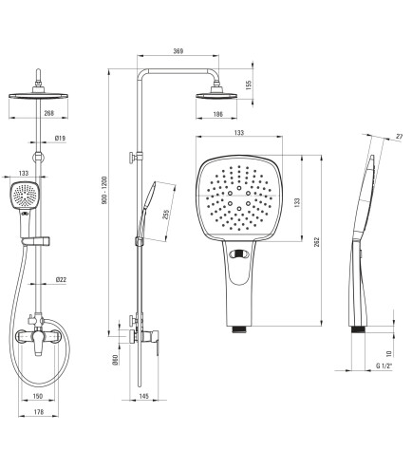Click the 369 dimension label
178,51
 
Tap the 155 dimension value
249,84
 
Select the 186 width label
217,114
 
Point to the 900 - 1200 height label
104,190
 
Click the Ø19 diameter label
60,138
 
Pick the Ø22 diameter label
61,279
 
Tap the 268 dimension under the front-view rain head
49,113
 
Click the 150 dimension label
38,396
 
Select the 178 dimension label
39,412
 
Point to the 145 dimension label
143,396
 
